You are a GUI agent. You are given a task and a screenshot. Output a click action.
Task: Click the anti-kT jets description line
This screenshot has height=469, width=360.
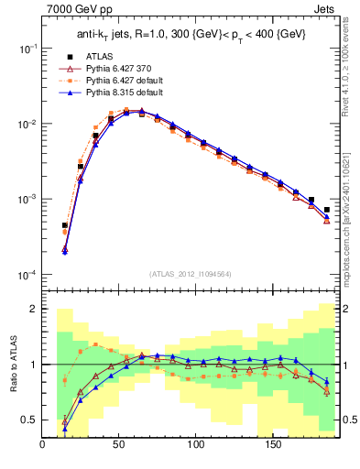(191, 35)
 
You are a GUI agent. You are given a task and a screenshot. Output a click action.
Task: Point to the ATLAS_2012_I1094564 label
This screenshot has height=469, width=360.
(191, 273)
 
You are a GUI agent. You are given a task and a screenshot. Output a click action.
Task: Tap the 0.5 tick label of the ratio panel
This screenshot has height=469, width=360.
(28, 420)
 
